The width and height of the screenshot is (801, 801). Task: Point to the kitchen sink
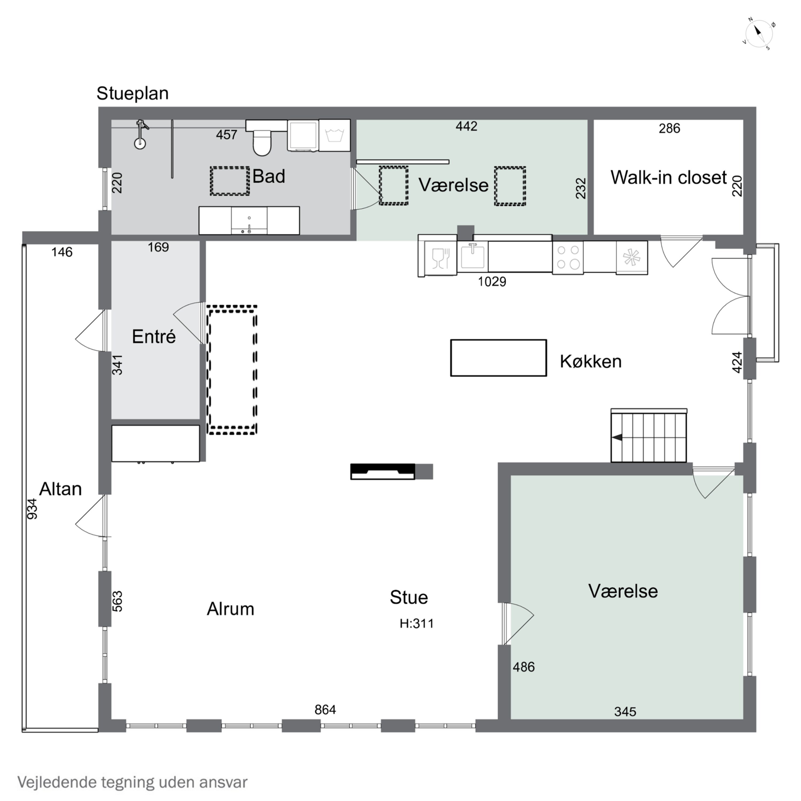(x=473, y=256)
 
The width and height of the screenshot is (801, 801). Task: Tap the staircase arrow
(x=617, y=437)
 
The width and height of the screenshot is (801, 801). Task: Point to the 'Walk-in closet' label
(x=668, y=178)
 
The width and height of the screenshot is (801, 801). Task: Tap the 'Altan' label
(x=61, y=489)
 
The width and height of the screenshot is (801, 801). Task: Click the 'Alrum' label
(x=230, y=609)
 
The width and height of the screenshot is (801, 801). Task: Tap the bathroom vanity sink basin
(x=249, y=221)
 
